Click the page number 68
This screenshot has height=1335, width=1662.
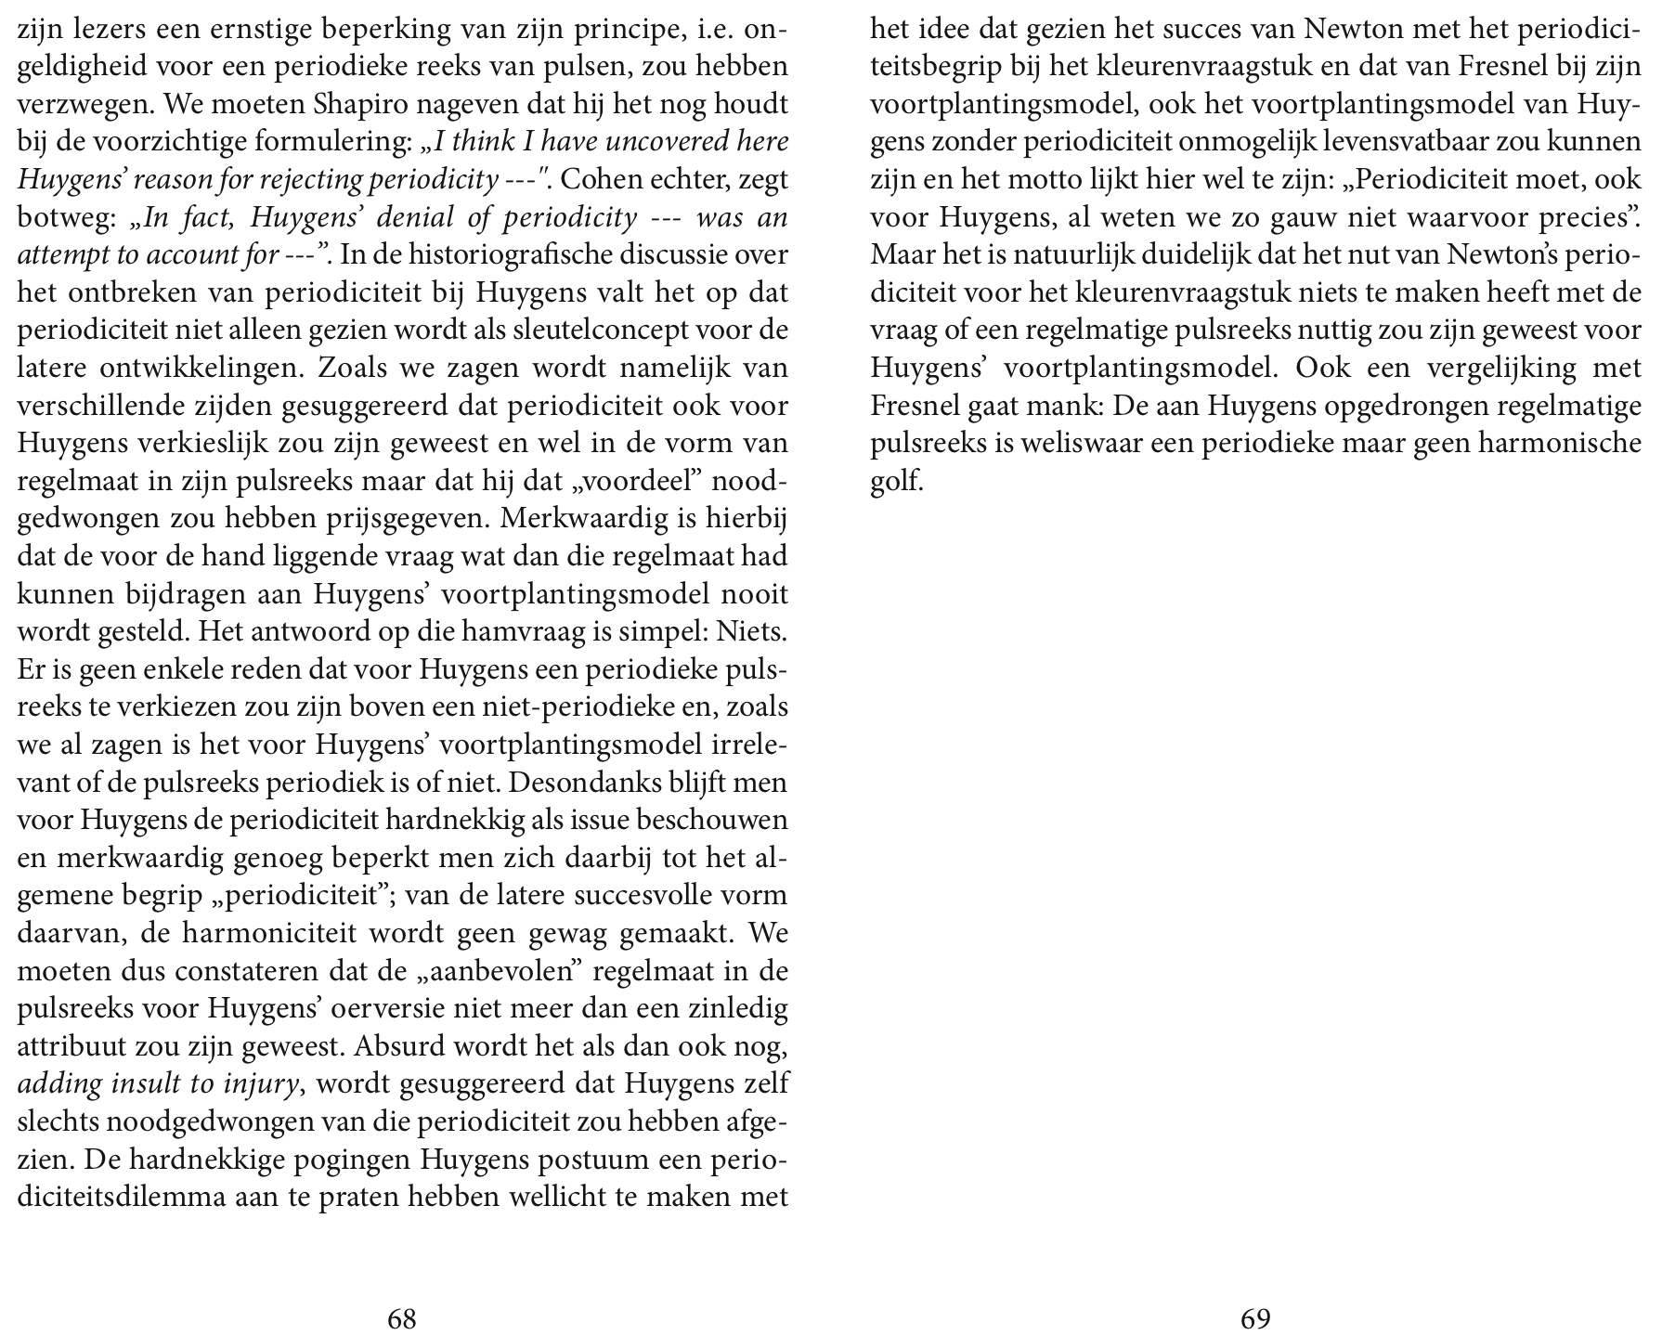pyautogui.click(x=401, y=1318)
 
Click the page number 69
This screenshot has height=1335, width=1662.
pyautogui.click(x=1255, y=1318)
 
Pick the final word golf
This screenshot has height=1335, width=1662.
pyautogui.click(x=896, y=481)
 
